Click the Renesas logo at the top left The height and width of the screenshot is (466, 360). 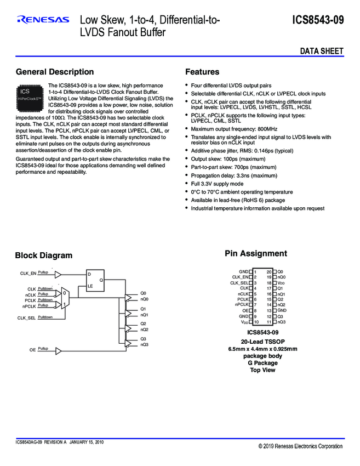pyautogui.click(x=43, y=20)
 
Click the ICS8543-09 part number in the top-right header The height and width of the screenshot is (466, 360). pyautogui.click(x=318, y=20)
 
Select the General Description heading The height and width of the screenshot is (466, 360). pyautogui.click(x=55, y=72)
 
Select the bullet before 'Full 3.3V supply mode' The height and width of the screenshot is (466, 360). pyautogui.click(x=187, y=184)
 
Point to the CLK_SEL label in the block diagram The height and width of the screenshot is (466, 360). pyautogui.click(x=27, y=318)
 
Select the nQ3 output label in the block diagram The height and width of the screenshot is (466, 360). pyautogui.click(x=144, y=344)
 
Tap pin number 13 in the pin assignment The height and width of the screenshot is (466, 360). pyautogui.click(x=269, y=310)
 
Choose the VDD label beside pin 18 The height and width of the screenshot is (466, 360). pyautogui.click(x=281, y=283)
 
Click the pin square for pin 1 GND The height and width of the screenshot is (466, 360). pyautogui.click(x=251, y=272)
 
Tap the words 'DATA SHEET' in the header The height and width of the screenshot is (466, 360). pyautogui.click(x=322, y=51)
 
